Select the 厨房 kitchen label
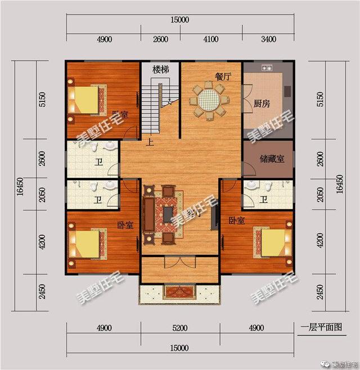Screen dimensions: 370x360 (262, 104)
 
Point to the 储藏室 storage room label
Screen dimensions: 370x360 (272, 159)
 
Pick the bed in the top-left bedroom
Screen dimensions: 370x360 (88, 100)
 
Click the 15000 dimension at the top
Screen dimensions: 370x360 (180, 20)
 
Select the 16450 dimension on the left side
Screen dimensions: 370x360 (21, 186)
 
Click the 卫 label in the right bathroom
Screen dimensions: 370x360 (264, 199)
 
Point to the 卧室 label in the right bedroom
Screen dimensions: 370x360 (236, 220)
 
